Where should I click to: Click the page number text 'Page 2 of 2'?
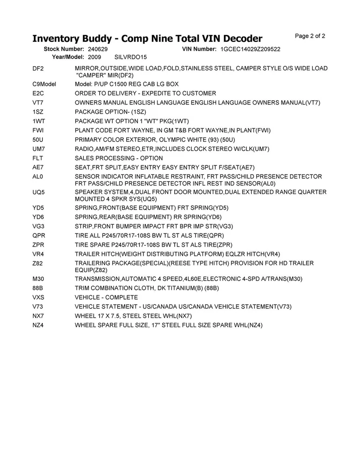click(x=310, y=36)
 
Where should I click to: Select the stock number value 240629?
click(x=98, y=49)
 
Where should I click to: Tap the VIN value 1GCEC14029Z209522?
click(x=251, y=49)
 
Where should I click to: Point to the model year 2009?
click(x=95, y=57)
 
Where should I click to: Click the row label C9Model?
click(x=44, y=84)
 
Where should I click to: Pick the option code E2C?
click(x=38, y=94)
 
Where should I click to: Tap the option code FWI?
click(x=38, y=130)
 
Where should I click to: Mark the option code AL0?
click(x=38, y=177)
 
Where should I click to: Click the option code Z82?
click(x=38, y=263)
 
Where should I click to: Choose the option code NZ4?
click(x=38, y=325)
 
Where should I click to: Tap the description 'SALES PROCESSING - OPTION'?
click(x=119, y=158)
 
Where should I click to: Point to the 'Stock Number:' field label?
click(x=64, y=49)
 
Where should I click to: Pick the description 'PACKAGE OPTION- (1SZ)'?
click(x=110, y=112)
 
